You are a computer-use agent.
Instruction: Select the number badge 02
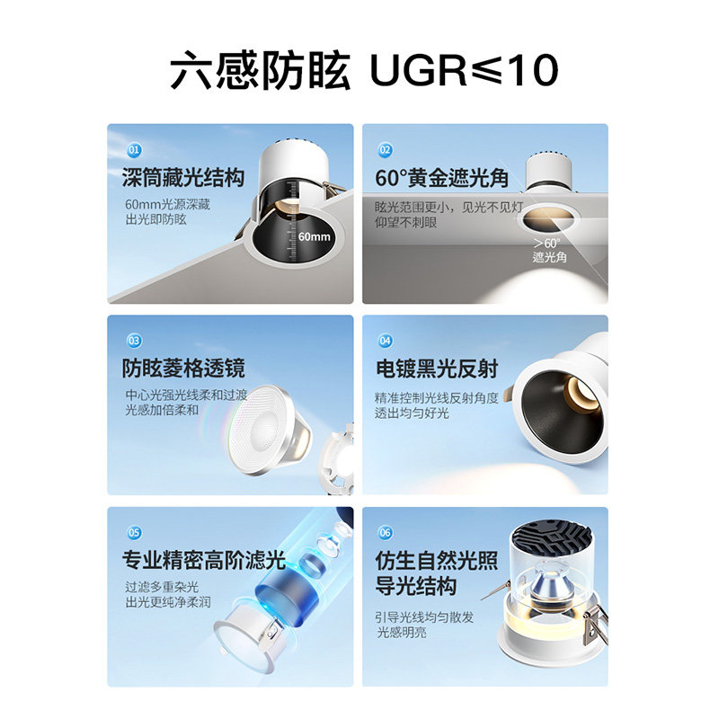(385, 149)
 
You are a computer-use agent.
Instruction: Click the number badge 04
(385, 341)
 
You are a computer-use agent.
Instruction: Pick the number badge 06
(385, 532)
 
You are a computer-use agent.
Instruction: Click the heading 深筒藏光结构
(183, 177)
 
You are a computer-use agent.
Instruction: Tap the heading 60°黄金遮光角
(442, 177)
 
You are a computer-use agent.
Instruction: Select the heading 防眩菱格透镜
(183, 368)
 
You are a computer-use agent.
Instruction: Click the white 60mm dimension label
(314, 237)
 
